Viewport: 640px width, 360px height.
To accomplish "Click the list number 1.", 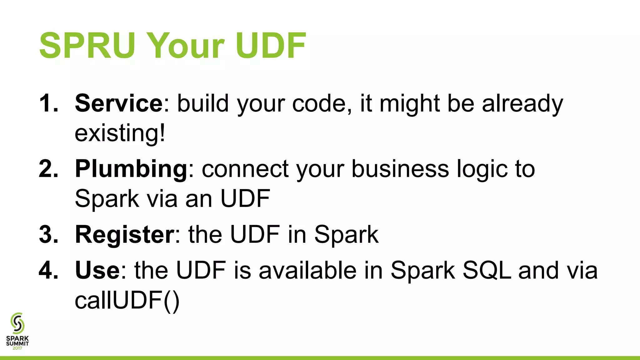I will [x=48, y=103].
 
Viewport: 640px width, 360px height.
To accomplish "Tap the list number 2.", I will [x=48, y=169].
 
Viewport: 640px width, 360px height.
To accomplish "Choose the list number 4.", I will [x=48, y=270].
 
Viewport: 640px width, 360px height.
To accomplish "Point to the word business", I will [x=400, y=169].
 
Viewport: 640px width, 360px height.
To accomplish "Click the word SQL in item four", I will [x=487, y=270].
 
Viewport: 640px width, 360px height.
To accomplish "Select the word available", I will [x=307, y=270].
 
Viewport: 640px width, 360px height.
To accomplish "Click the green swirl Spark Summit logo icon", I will [x=17, y=323].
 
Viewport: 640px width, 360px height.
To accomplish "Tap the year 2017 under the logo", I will [x=17, y=348].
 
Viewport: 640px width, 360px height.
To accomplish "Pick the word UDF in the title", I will [x=271, y=46].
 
